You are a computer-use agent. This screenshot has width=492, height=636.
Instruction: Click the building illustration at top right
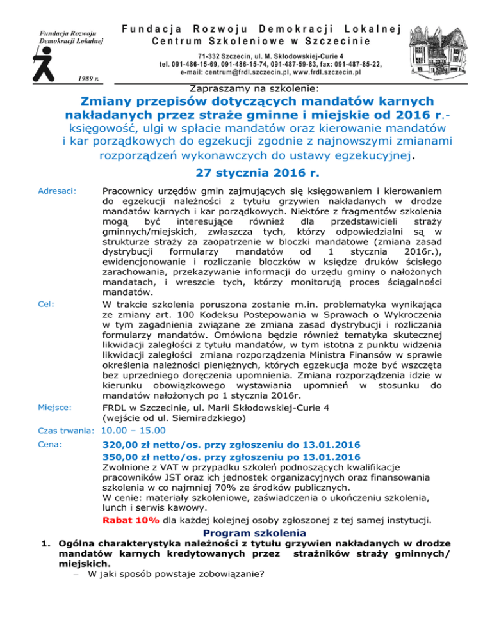click(445, 42)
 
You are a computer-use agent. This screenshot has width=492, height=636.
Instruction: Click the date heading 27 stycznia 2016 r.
click(246, 173)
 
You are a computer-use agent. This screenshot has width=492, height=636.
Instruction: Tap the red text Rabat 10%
click(131, 519)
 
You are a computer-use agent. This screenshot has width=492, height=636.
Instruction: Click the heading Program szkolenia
click(254, 532)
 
